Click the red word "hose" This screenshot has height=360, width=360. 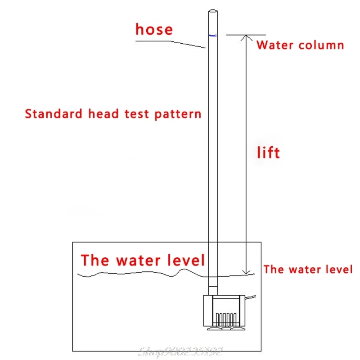(x=154, y=30)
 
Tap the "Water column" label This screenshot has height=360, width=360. (x=300, y=45)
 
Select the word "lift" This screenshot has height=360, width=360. (x=268, y=153)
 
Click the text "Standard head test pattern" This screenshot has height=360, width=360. (x=113, y=113)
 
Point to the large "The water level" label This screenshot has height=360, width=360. (x=143, y=260)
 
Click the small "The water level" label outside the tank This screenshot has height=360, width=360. (x=308, y=270)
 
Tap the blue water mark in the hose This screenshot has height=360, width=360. (x=213, y=35)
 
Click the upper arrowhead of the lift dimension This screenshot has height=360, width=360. (x=246, y=38)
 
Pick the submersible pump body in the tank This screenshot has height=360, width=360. (x=224, y=310)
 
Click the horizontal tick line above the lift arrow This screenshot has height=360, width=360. (x=246, y=35)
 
